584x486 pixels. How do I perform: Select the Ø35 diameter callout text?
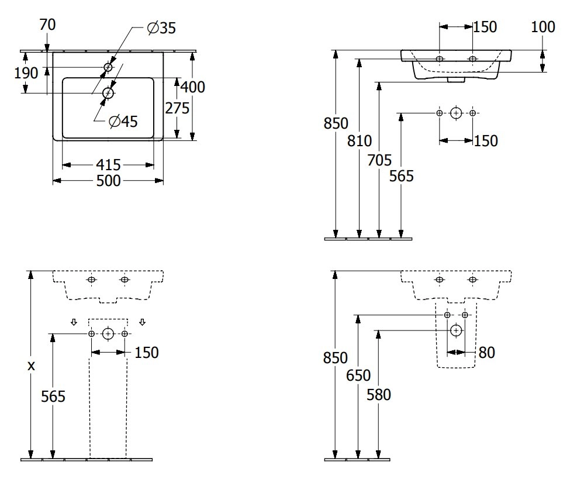(161, 28)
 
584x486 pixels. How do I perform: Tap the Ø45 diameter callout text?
(123, 122)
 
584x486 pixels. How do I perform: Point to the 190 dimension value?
(26, 73)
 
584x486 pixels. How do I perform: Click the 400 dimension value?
(192, 87)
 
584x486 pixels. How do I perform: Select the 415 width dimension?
(109, 165)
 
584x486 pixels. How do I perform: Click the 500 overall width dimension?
(109, 181)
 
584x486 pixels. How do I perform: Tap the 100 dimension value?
(544, 26)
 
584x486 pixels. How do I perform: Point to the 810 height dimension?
(360, 140)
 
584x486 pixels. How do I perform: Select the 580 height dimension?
(379, 394)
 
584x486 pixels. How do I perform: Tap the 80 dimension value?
(486, 352)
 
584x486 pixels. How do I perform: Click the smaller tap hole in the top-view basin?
(108, 68)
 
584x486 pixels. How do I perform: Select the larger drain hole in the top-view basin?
(108, 92)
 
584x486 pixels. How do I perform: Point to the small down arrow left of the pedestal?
(74, 322)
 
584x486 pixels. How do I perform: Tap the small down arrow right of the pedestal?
(143, 322)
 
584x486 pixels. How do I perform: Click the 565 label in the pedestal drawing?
(53, 396)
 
